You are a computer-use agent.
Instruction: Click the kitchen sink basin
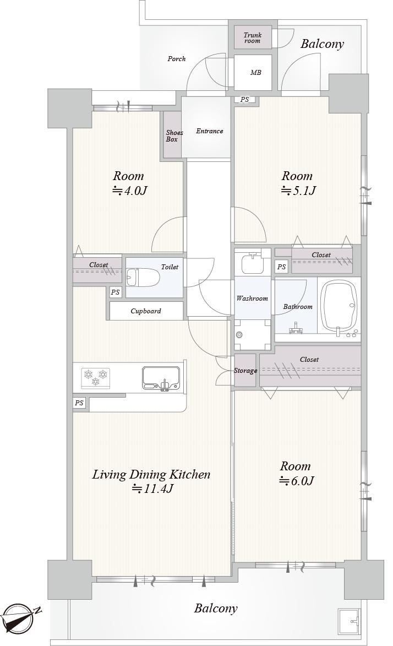[x=161, y=378]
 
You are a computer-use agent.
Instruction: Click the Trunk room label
[x=253, y=38]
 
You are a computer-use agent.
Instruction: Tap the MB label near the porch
[x=255, y=73]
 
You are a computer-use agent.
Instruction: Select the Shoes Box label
[x=174, y=136]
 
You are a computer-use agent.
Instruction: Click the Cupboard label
[x=146, y=311]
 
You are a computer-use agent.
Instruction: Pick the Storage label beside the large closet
[x=245, y=371]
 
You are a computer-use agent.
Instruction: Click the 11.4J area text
[x=152, y=488]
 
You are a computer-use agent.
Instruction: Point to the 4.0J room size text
[x=130, y=191]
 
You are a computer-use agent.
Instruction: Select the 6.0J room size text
[x=297, y=481]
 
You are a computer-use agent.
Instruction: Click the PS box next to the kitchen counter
[x=79, y=403]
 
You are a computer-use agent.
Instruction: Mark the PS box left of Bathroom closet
[x=281, y=267]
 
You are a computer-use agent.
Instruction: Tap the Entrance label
[x=209, y=131]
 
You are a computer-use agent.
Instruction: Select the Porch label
[x=176, y=59]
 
